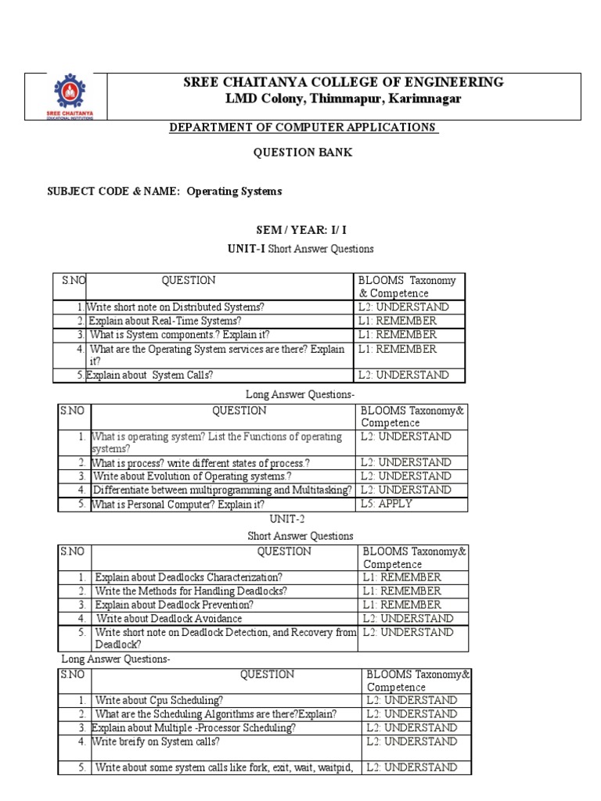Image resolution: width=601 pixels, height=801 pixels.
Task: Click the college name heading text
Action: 343,82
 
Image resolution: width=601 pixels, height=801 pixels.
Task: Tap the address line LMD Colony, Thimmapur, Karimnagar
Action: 343,99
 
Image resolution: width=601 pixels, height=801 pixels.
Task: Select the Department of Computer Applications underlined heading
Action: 304,127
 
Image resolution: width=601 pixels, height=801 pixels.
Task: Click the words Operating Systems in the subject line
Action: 234,191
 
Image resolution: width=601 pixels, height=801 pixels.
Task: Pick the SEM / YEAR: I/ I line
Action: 301,231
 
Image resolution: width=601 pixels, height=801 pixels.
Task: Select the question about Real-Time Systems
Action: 164,321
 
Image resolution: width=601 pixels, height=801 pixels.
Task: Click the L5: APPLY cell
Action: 386,504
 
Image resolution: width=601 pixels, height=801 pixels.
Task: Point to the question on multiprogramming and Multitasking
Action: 222,490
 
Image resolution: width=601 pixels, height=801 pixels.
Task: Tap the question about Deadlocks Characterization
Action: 189,577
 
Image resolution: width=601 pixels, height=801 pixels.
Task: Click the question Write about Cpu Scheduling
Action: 159,700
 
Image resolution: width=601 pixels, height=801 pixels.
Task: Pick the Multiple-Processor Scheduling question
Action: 194,727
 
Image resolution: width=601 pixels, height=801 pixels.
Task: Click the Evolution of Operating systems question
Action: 192,476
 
